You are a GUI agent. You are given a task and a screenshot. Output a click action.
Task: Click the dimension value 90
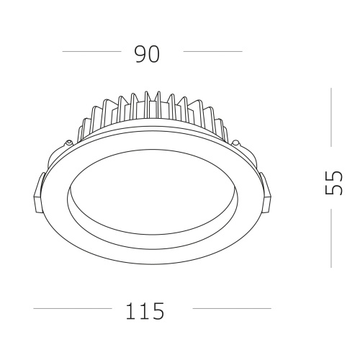tap(147, 53)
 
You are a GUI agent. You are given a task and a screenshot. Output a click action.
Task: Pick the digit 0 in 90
tap(154, 53)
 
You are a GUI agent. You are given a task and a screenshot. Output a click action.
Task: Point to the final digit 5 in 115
tap(158, 311)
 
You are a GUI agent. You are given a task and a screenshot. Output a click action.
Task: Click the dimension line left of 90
tap(91, 52)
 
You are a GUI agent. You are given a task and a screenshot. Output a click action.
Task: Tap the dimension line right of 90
tap(212, 52)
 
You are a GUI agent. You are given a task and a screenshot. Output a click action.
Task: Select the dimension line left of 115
tap(72, 309)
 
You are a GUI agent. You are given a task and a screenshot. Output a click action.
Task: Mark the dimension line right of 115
tap(231, 309)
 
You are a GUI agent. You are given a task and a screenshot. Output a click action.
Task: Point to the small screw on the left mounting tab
tap(67, 143)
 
